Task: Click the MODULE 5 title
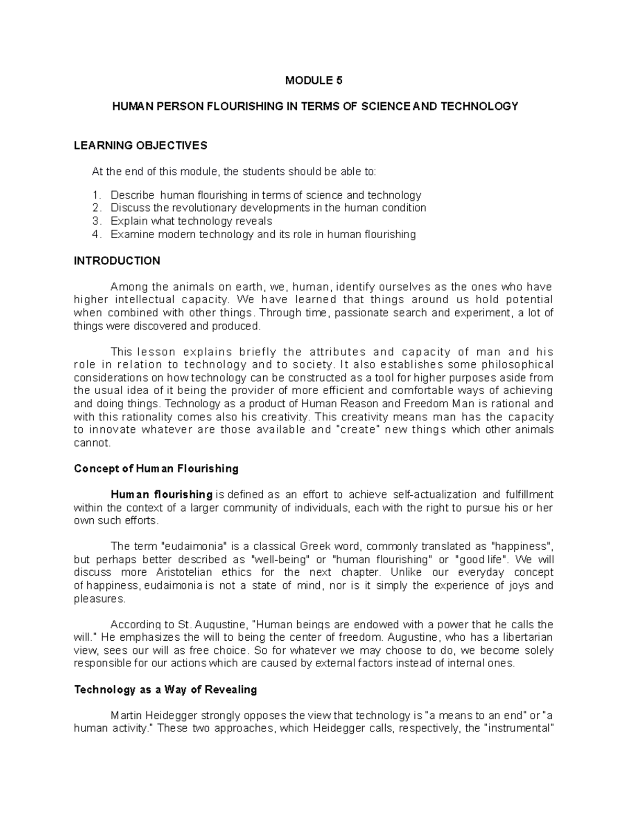tap(313, 81)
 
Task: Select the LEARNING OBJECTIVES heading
tap(141, 146)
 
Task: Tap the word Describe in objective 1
tap(132, 195)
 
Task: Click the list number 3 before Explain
tap(95, 221)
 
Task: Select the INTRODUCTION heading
tap(117, 261)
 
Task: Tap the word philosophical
tap(515, 364)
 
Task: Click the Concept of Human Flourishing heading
tap(156, 469)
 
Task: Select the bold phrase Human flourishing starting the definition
tap(161, 495)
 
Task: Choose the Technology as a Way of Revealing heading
tap(166, 689)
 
